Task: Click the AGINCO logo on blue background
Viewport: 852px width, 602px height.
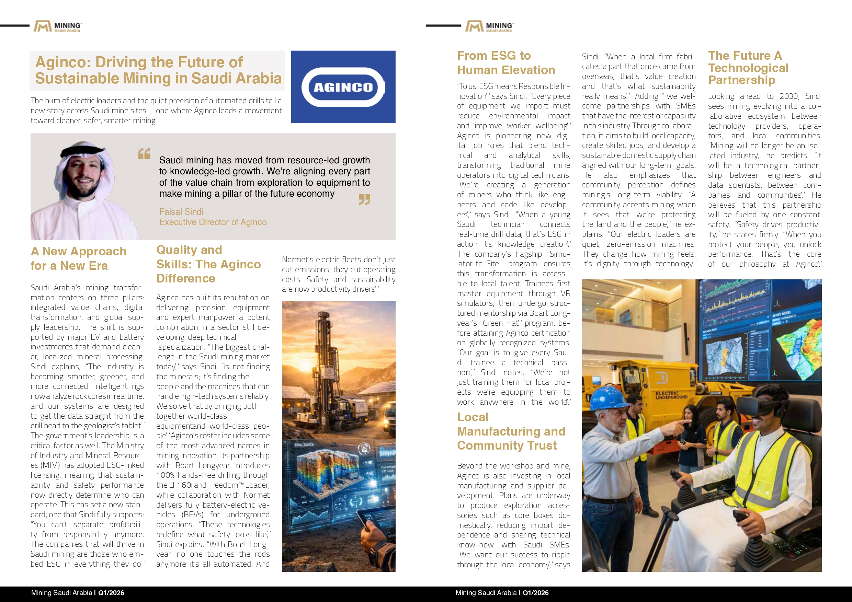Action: point(343,87)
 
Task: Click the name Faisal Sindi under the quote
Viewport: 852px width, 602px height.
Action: point(181,212)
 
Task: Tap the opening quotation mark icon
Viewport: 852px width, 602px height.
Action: point(144,153)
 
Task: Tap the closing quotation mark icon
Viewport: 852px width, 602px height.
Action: point(364,199)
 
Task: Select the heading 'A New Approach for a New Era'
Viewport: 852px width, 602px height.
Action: point(78,258)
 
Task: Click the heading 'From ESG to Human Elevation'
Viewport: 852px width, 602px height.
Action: point(506,63)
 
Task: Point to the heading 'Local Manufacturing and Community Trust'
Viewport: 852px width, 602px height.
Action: point(511,431)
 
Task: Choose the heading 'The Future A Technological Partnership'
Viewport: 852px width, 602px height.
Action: point(748,68)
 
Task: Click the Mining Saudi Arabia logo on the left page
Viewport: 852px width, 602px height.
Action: point(57,26)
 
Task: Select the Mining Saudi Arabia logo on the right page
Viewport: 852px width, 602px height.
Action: point(489,26)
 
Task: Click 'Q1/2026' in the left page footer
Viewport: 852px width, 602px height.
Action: point(111,593)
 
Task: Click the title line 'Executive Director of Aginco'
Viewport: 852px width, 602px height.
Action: point(213,222)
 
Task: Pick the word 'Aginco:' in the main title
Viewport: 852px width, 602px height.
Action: point(63,62)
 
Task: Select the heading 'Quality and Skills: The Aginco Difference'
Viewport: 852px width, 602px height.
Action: point(208,264)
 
